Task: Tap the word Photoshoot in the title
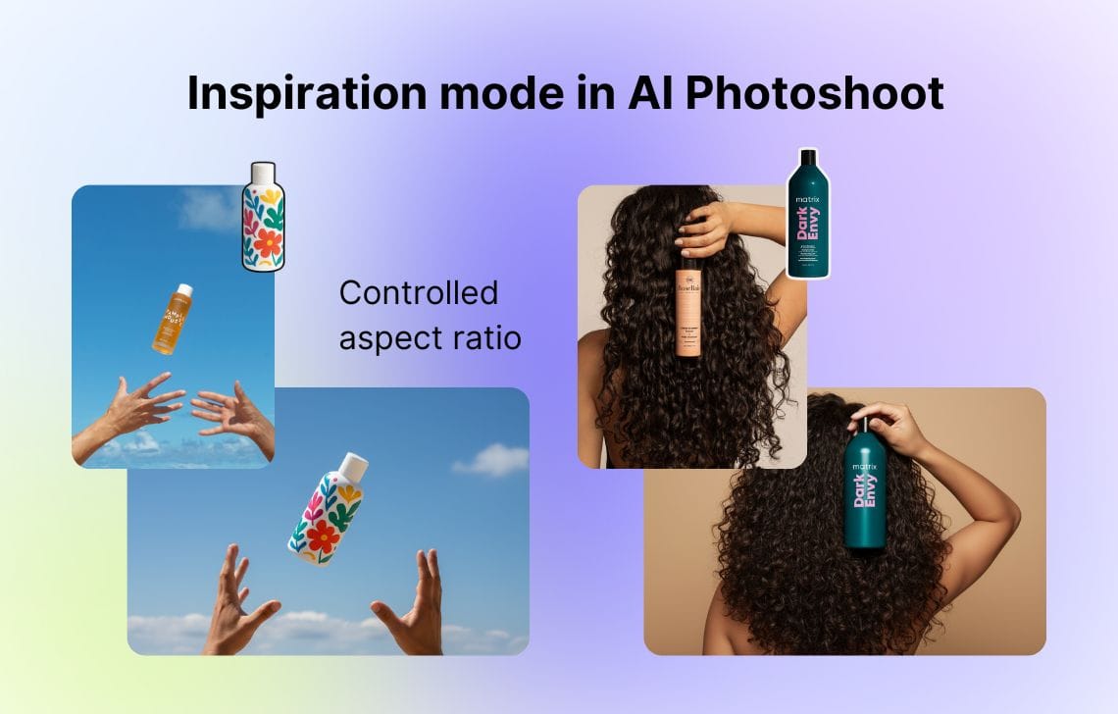click(x=813, y=94)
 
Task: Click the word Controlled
click(x=419, y=293)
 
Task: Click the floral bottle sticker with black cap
click(x=263, y=218)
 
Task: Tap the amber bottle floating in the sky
click(x=172, y=319)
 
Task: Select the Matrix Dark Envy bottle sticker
click(x=807, y=215)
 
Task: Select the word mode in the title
click(x=499, y=94)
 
